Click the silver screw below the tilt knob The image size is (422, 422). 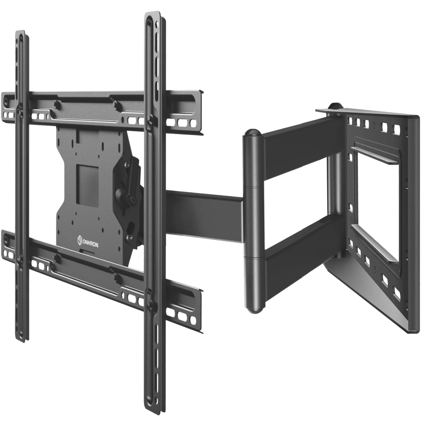click(129, 237)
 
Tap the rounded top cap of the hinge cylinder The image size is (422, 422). click(252, 133)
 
